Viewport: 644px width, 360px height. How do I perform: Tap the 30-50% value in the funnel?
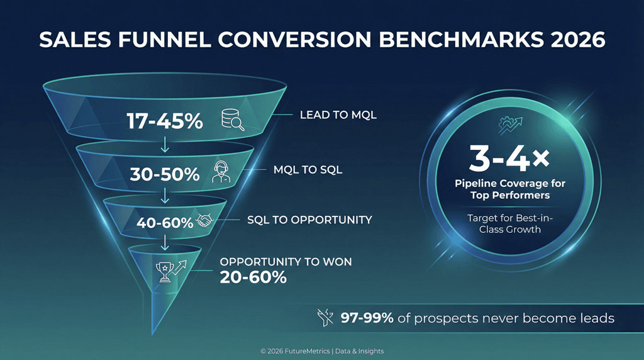(165, 174)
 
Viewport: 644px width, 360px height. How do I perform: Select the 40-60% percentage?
(165, 222)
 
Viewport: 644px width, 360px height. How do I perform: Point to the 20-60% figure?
(253, 276)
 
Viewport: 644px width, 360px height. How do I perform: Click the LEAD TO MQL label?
(338, 115)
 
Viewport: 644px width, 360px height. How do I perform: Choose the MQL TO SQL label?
(308, 170)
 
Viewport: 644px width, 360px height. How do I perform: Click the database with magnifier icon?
(231, 120)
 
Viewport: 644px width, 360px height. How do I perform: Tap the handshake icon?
(206, 220)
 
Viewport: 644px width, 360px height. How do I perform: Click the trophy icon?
(165, 271)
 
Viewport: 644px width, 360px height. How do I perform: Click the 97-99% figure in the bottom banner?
(367, 318)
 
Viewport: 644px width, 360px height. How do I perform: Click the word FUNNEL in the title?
(177, 40)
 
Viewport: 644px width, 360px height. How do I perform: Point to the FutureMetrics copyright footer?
(321, 351)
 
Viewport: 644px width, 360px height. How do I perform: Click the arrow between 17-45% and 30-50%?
(165, 144)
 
